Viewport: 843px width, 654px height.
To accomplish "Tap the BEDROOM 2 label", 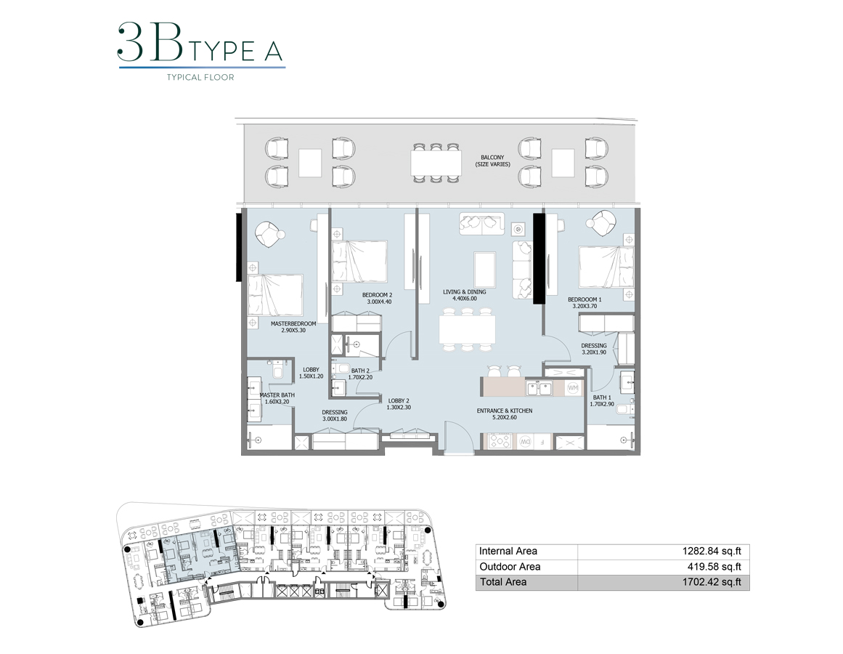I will (x=377, y=299).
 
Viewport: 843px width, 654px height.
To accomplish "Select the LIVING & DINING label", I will (x=465, y=296).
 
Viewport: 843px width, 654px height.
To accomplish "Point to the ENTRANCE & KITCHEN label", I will (x=504, y=414).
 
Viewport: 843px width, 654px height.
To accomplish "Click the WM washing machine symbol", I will (x=572, y=388).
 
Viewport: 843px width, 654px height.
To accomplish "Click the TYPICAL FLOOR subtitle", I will (x=200, y=78).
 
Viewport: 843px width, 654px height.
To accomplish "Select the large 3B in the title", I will (x=149, y=43).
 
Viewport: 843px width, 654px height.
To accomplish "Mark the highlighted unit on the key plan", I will (x=192, y=556).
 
